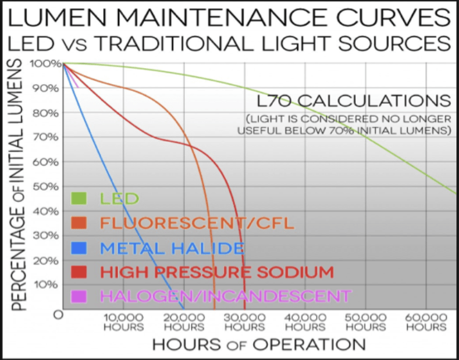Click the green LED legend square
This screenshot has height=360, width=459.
click(78, 198)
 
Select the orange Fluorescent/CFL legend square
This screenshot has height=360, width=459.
click(78, 223)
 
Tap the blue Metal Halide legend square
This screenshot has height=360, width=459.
click(78, 247)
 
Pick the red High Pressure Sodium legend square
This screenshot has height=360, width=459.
click(78, 272)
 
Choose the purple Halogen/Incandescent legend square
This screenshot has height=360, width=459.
click(78, 295)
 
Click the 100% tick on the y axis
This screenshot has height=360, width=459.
click(47, 63)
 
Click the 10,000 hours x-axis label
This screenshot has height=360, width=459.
click(123, 321)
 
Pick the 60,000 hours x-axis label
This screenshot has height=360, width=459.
click(426, 321)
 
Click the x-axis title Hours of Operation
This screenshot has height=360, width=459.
click(259, 345)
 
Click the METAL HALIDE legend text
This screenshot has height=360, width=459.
click(173, 248)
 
